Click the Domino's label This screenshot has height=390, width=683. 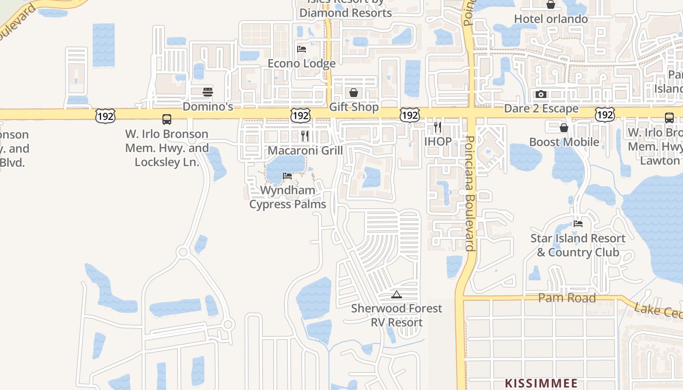(x=208, y=106)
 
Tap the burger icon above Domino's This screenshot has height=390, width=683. (x=208, y=92)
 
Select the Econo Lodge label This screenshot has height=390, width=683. (x=301, y=63)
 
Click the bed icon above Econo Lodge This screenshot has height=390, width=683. (x=301, y=49)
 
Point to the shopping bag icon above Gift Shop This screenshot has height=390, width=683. (x=354, y=93)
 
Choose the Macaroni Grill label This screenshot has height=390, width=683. (x=305, y=150)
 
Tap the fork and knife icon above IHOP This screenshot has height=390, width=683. (x=438, y=127)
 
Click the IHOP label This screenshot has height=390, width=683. (x=438, y=142)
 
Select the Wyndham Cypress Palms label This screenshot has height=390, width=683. (x=287, y=197)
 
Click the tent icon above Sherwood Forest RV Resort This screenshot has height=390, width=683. (x=397, y=294)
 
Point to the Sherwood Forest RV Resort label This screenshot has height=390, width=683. (x=397, y=315)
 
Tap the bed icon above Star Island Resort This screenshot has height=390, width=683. (x=578, y=224)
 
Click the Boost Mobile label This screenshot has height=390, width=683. (x=564, y=142)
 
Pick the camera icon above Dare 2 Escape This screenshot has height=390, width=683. (x=541, y=95)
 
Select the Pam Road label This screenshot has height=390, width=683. (x=567, y=298)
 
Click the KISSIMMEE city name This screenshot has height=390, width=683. (x=541, y=383)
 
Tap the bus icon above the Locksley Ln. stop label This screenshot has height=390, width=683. (x=167, y=119)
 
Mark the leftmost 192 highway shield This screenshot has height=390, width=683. (x=106, y=116)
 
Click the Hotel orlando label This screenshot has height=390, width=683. (x=551, y=19)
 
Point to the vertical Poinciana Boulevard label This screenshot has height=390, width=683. (x=469, y=193)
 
